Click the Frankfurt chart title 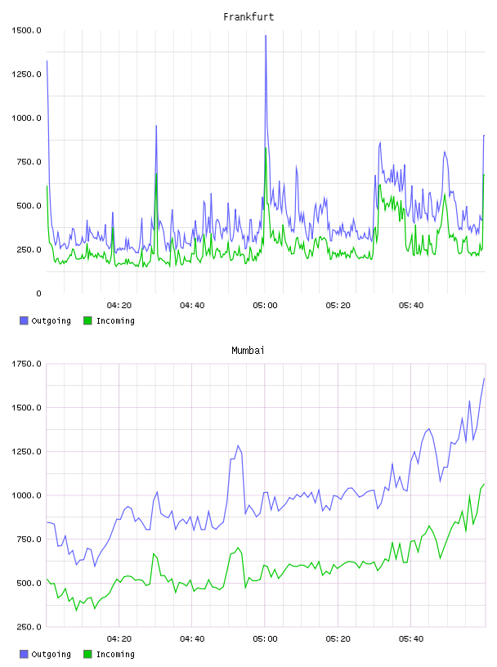pos(248,17)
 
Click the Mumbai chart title pos(248,351)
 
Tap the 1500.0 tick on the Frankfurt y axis pos(26,30)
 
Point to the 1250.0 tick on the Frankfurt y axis pos(26,74)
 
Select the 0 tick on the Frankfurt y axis pos(38,293)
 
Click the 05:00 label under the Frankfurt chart pos(265,306)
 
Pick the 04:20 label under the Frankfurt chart pos(119,306)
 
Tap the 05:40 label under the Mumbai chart pos(411,639)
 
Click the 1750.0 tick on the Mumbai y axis pos(26,364)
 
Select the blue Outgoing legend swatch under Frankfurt pos(24,320)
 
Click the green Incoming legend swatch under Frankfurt pos(87,320)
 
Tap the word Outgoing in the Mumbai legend pos(51,654)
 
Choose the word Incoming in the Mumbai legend pos(115,654)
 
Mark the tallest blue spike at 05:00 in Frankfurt pos(266,36)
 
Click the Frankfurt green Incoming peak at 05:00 pos(266,148)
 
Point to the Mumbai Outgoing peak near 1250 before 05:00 pos(239,445)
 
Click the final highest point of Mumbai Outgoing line pos(484,378)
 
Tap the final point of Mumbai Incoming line pos(484,484)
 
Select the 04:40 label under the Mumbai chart pos(192,639)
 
